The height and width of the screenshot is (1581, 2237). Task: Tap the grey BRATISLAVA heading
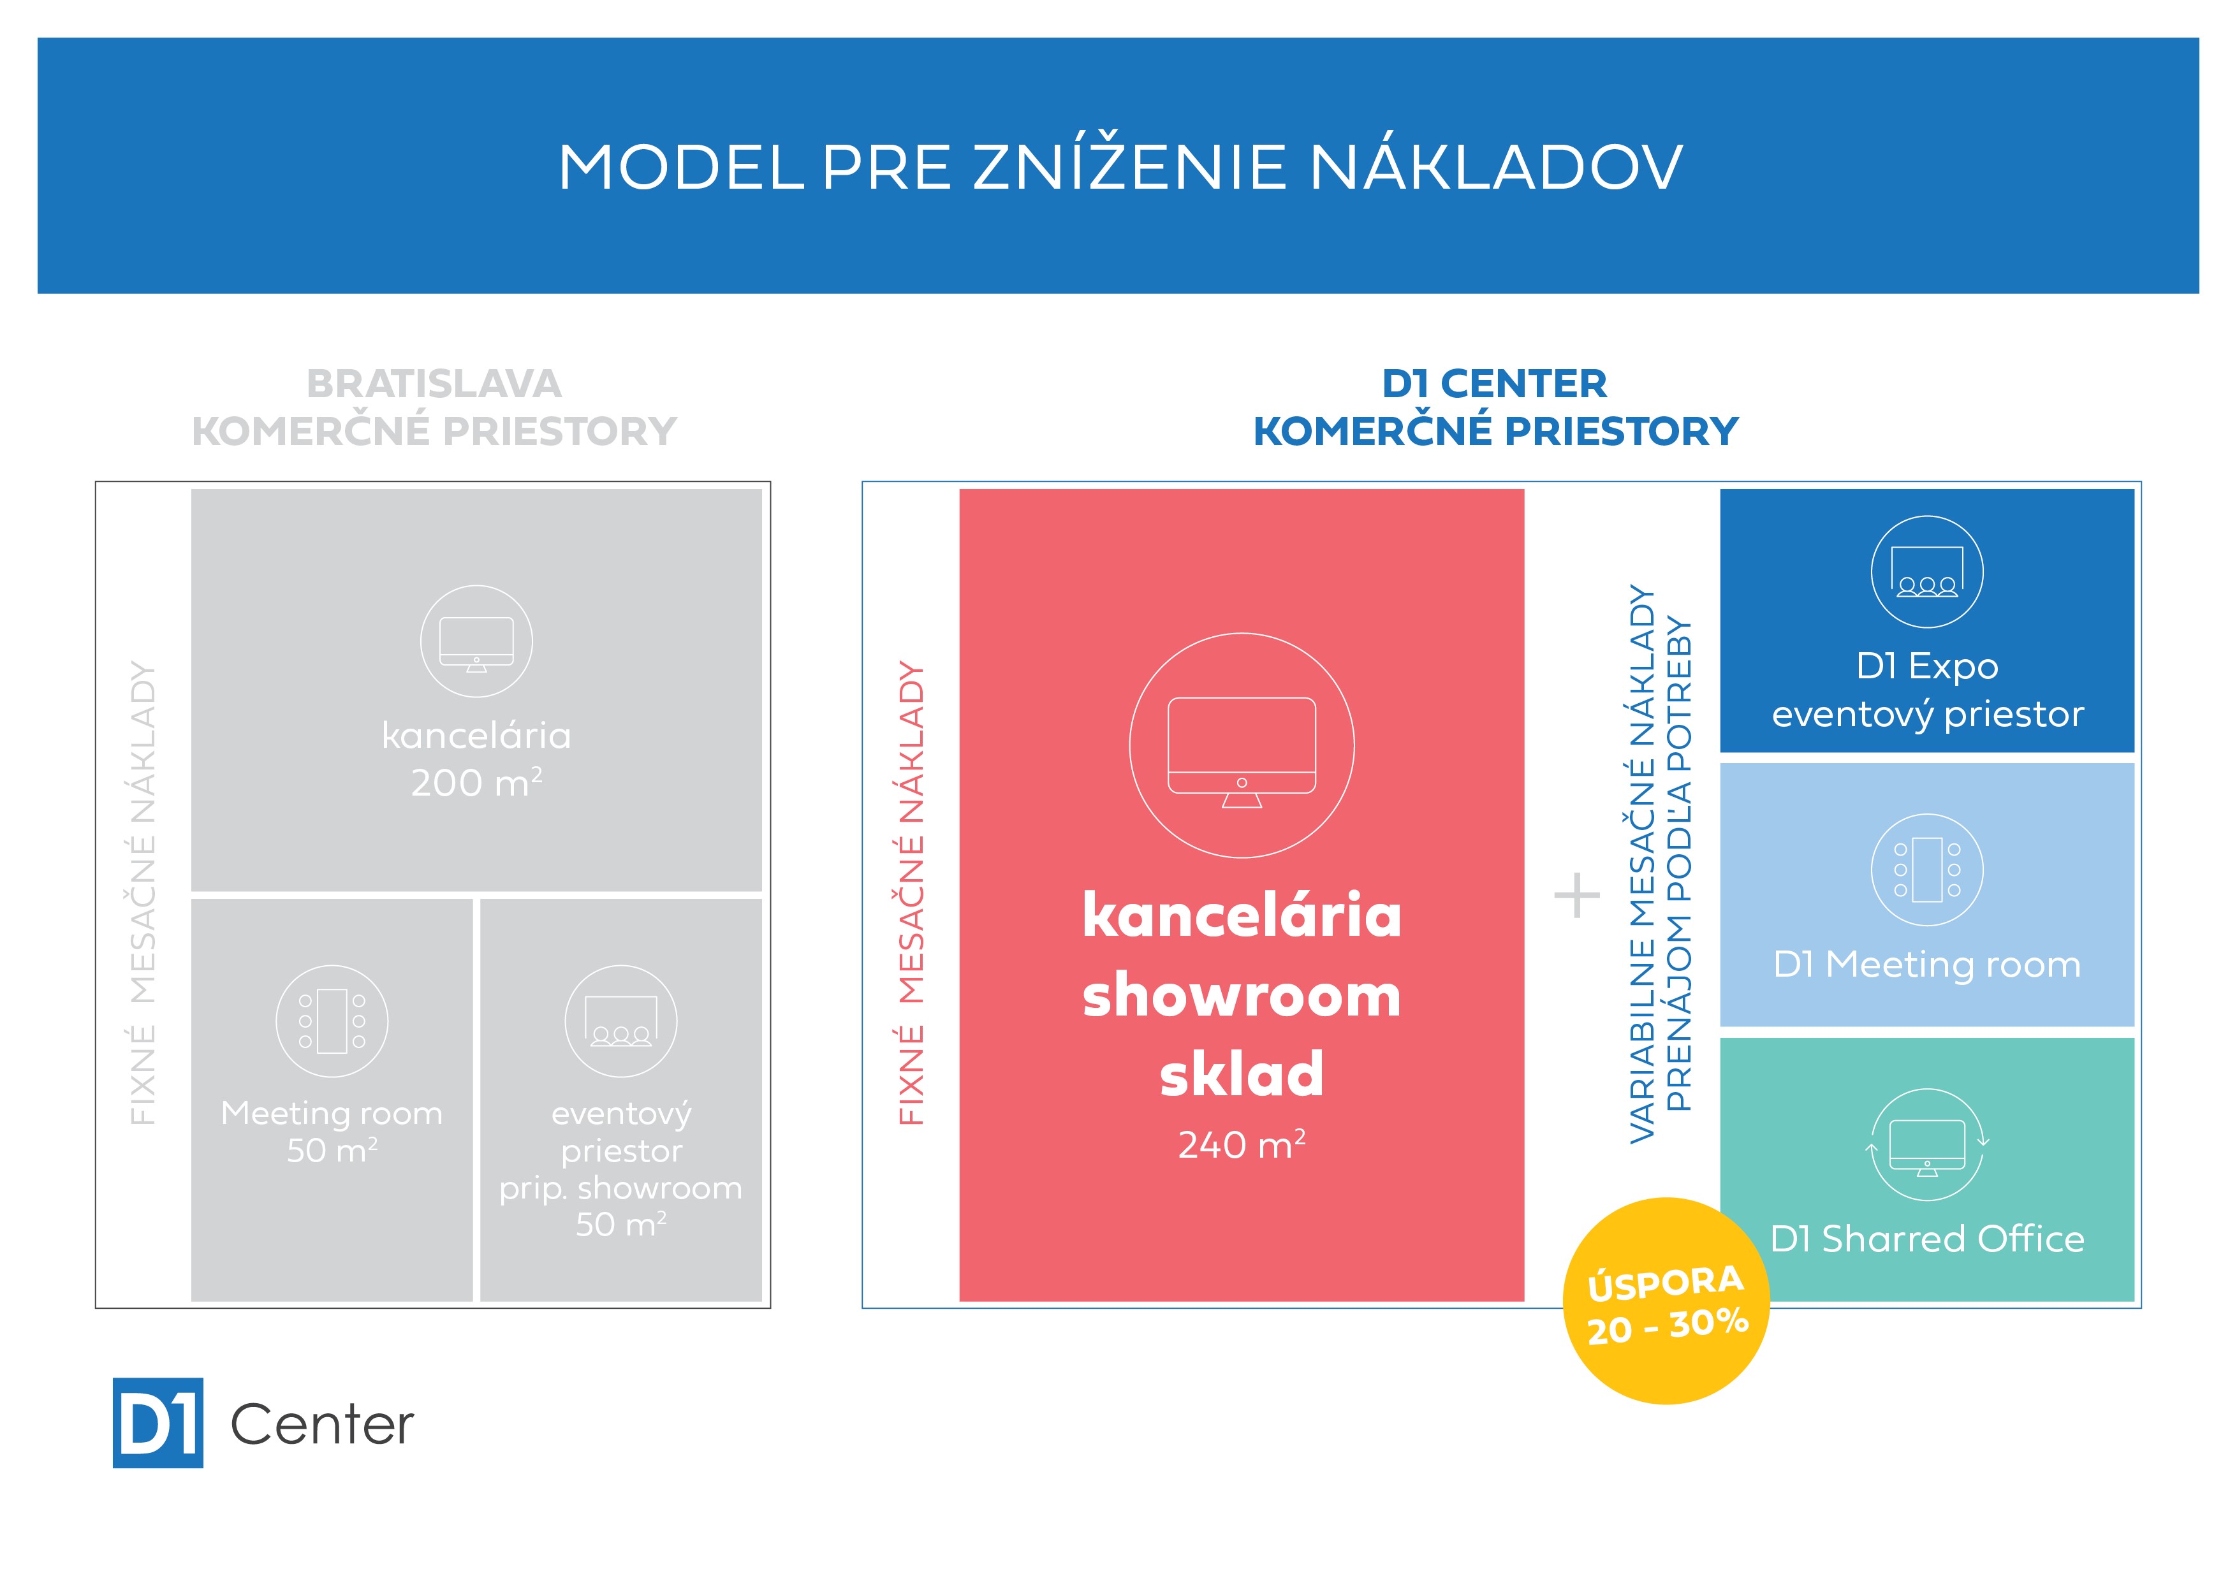click(x=434, y=384)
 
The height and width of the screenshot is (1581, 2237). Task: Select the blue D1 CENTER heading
click(x=1495, y=384)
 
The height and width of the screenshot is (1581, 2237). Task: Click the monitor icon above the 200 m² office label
click(x=476, y=641)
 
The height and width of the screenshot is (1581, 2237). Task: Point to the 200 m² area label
click(x=476, y=782)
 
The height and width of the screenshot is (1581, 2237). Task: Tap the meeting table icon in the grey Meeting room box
click(x=332, y=1021)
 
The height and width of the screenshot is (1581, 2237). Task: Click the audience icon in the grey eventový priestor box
click(x=620, y=1021)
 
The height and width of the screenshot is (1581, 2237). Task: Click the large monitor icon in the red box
click(x=1242, y=745)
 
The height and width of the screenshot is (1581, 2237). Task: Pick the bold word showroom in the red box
click(x=1242, y=996)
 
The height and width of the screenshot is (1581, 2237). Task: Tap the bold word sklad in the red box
click(x=1242, y=1074)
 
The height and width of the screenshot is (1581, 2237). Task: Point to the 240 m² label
click(x=1242, y=1144)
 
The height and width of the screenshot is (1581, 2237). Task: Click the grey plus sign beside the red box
click(x=1576, y=895)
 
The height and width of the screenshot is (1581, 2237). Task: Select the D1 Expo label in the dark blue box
click(x=1927, y=666)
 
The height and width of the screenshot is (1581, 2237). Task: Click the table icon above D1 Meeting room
click(x=1927, y=870)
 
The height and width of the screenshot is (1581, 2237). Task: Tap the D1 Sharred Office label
click(x=1927, y=1239)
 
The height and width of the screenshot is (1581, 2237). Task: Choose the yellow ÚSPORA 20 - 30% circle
click(x=1666, y=1301)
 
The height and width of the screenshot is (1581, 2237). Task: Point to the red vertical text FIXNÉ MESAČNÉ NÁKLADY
click(x=911, y=893)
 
